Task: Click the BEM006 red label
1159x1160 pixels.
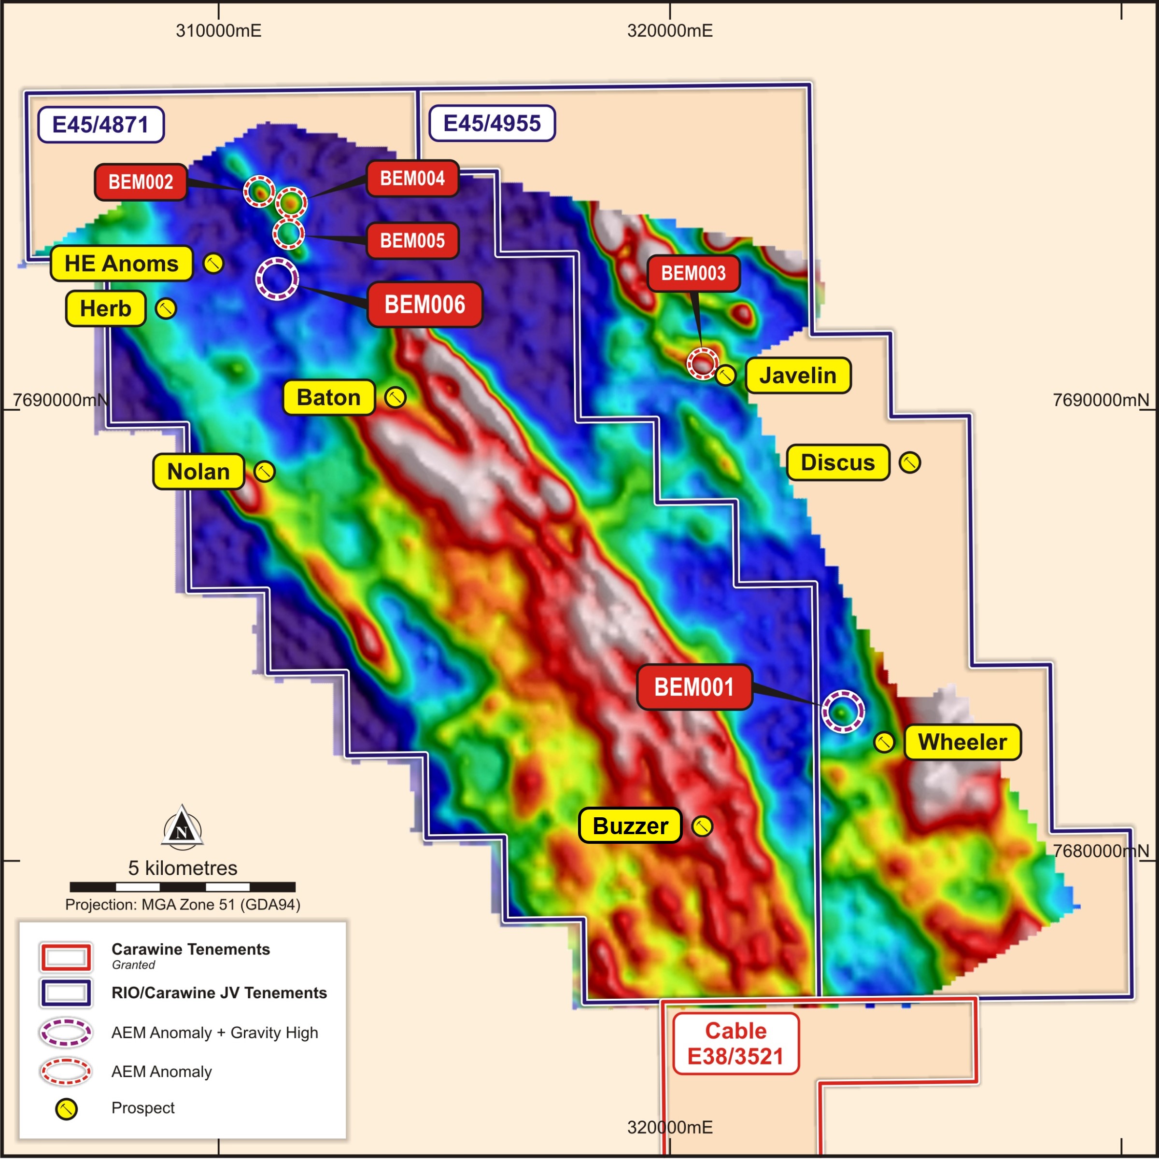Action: click(x=424, y=305)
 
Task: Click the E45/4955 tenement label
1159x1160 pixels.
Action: click(x=492, y=124)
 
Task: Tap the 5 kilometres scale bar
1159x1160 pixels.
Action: click(x=183, y=887)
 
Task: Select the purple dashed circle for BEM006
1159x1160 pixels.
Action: click(x=277, y=279)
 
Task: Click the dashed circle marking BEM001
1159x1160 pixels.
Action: click(x=843, y=712)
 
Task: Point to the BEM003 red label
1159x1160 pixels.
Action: click(x=693, y=274)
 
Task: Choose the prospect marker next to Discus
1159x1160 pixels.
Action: click(x=910, y=463)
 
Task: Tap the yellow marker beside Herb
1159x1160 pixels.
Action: click(x=166, y=308)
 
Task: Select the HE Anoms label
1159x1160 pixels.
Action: click(x=121, y=264)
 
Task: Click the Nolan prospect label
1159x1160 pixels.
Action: click(x=198, y=472)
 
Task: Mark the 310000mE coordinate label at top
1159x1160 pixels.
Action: click(x=219, y=30)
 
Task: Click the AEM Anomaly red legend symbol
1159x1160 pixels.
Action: click(x=66, y=1072)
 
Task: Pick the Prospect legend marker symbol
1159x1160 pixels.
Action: click(x=66, y=1109)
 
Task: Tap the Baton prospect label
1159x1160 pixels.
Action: click(x=328, y=397)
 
